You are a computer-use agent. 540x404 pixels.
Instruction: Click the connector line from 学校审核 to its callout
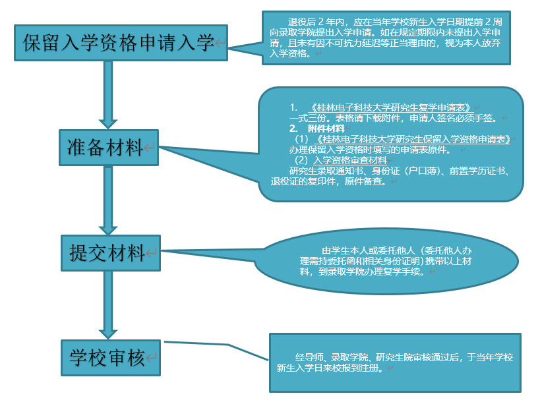[x=218, y=350]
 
